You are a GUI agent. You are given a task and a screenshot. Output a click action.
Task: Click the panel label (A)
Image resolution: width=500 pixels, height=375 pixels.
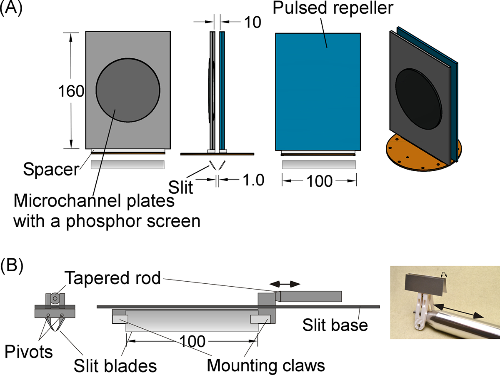pos(11,9)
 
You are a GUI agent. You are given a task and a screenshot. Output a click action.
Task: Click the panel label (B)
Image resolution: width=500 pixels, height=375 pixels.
pos(11,266)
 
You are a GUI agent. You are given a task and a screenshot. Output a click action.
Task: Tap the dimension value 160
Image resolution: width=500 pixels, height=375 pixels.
pos(71,92)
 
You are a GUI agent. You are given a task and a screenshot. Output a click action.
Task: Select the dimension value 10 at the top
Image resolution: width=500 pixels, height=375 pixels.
pos(252,22)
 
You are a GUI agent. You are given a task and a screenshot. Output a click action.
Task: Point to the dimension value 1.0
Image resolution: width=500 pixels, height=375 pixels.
pos(253,180)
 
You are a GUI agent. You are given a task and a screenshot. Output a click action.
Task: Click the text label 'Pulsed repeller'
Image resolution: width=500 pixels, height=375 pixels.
pos(333,9)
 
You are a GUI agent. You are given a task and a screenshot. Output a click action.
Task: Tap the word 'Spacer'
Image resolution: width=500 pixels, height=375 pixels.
pos(51,170)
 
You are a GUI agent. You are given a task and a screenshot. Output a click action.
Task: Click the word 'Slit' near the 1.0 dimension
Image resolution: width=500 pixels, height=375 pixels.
pos(181,187)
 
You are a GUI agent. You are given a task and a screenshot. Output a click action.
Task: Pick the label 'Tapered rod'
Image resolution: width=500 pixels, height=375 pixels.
pos(113,278)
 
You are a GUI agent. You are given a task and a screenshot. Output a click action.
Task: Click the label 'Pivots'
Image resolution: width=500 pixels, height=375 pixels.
pos(29,352)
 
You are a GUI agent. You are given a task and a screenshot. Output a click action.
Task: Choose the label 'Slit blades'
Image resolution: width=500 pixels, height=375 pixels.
pos(115,366)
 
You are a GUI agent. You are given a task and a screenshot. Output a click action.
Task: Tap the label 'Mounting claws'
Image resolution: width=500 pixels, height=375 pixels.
pos(266,366)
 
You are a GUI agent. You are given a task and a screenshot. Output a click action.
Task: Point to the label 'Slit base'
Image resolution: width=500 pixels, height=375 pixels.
pos(335,325)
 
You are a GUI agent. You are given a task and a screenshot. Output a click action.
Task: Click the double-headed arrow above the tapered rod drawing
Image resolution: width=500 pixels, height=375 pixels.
pos(285,284)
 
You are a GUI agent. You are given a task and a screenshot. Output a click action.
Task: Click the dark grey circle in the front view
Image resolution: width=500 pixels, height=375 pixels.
pos(128,90)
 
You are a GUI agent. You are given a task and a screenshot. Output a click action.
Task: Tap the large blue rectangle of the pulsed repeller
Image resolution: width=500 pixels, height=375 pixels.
pos(318,92)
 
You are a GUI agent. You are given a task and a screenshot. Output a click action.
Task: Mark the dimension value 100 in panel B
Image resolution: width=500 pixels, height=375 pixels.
pos(192,341)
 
